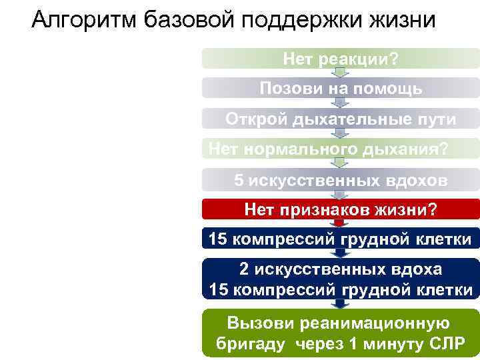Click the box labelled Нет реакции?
[x=341, y=59]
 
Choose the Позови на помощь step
[x=341, y=89]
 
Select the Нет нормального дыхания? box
[x=341, y=148]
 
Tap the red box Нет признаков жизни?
[x=341, y=210]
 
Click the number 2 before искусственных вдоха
[x=244, y=270]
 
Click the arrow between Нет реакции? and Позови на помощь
[x=341, y=73]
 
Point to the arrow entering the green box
[x=341, y=304]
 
